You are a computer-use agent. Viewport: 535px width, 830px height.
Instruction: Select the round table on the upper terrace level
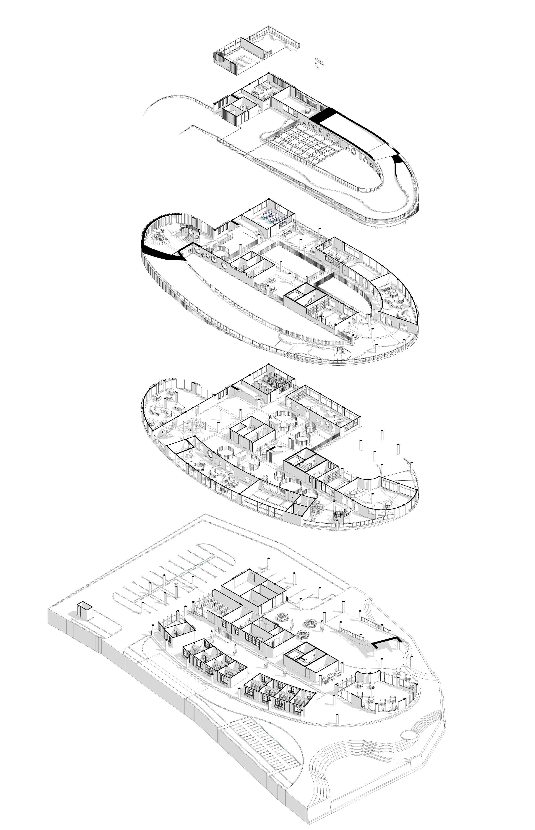[308, 111]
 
